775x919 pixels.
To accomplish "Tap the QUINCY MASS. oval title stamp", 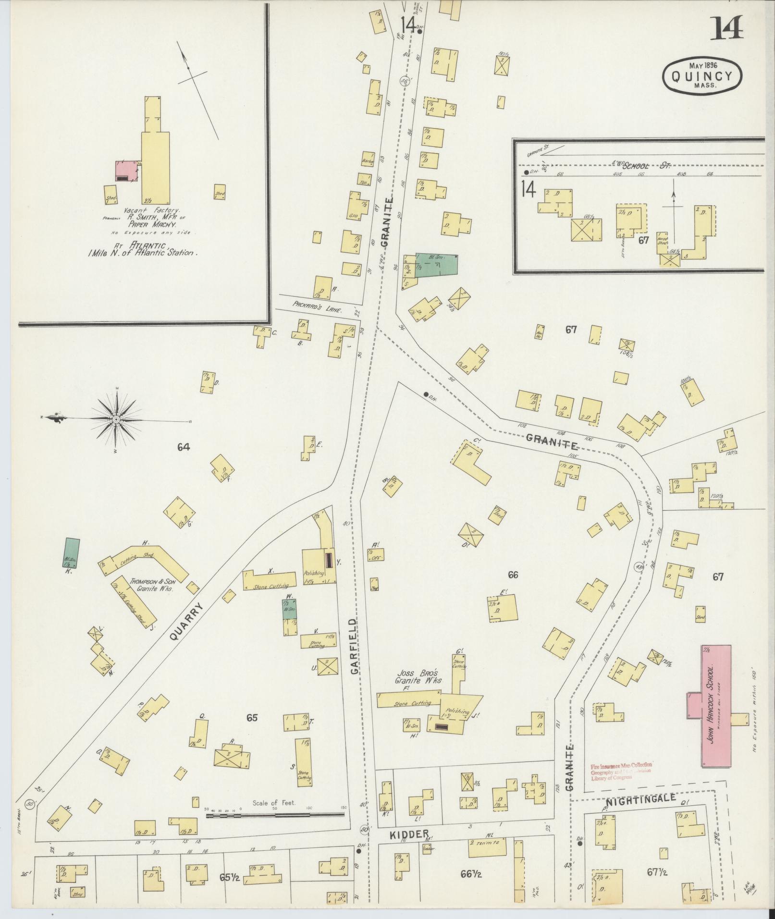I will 702,76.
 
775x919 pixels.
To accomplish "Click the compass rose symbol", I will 116,420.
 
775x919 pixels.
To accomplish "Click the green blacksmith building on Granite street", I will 436,266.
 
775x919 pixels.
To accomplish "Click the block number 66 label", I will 513,575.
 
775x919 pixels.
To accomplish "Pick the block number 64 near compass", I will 184,447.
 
